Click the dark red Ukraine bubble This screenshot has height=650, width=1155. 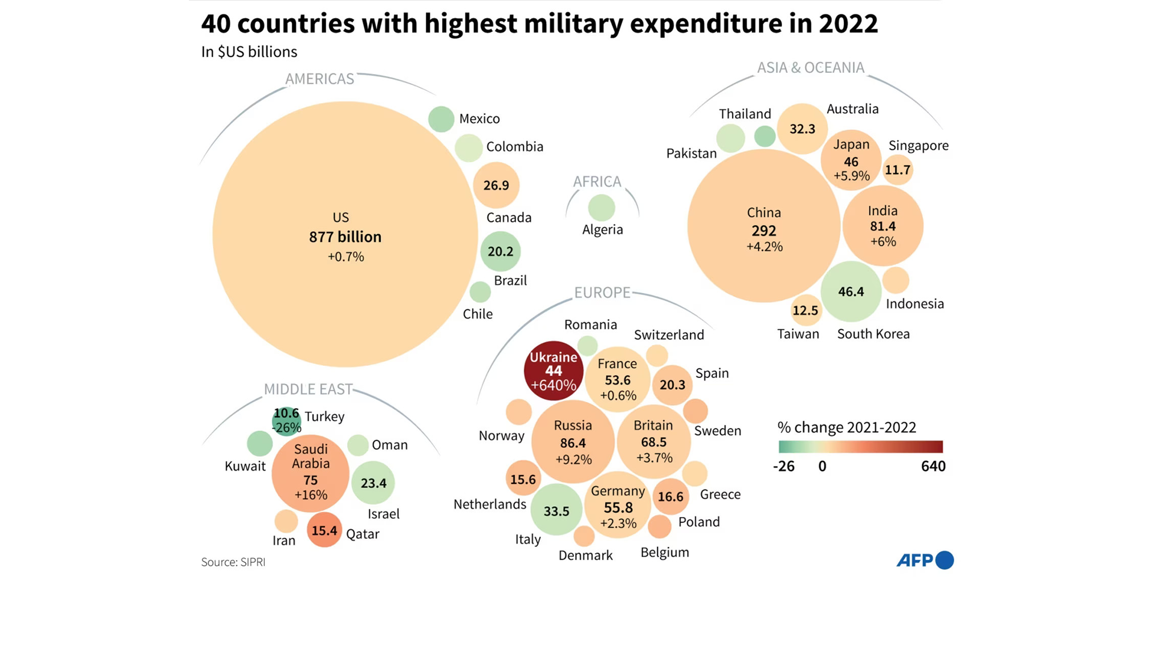pyautogui.click(x=553, y=371)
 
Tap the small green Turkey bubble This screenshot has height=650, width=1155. pyautogui.click(x=286, y=421)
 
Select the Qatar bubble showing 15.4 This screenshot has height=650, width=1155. pyautogui.click(x=324, y=530)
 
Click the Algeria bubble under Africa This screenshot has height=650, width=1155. pyautogui.click(x=601, y=208)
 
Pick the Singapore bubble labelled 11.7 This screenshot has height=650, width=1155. pyautogui.click(x=898, y=170)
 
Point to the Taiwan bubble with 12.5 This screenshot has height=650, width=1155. pyautogui.click(x=805, y=311)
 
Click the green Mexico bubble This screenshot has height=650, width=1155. pyautogui.click(x=441, y=119)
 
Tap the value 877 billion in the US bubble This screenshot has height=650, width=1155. pyautogui.click(x=345, y=237)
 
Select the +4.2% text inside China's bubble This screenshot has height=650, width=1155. pyautogui.click(x=764, y=247)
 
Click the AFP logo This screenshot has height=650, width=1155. pyautogui.click(x=925, y=560)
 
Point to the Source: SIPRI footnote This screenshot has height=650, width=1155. pyautogui.click(x=233, y=562)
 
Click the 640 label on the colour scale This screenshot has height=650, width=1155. pyautogui.click(x=933, y=466)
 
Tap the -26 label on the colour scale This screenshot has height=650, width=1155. pyautogui.click(x=784, y=466)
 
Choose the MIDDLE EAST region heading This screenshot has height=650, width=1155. pyautogui.click(x=308, y=389)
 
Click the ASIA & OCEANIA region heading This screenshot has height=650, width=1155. pyautogui.click(x=810, y=68)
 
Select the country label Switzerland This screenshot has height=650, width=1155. pyautogui.click(x=669, y=335)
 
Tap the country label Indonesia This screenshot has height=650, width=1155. pyautogui.click(x=914, y=304)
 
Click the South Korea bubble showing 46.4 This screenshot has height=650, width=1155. pyautogui.click(x=851, y=292)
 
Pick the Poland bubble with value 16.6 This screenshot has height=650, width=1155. pyautogui.click(x=670, y=497)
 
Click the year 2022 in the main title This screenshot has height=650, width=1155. pyautogui.click(x=848, y=24)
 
